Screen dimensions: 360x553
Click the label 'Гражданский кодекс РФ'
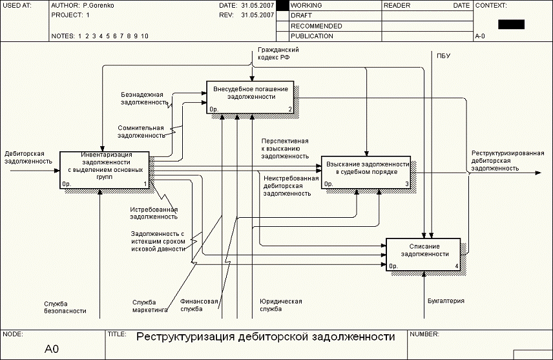(x=278, y=53)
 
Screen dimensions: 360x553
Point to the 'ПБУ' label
(x=443, y=56)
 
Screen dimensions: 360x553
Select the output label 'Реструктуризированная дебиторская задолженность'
(x=506, y=160)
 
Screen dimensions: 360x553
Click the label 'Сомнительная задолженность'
(x=141, y=132)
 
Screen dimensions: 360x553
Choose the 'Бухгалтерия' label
(x=446, y=301)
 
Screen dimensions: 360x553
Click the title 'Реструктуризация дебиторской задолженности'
(x=265, y=337)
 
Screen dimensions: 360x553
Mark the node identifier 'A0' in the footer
(x=52, y=349)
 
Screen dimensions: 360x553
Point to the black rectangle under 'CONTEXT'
(x=511, y=25)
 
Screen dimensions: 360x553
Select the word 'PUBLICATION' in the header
(x=312, y=36)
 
